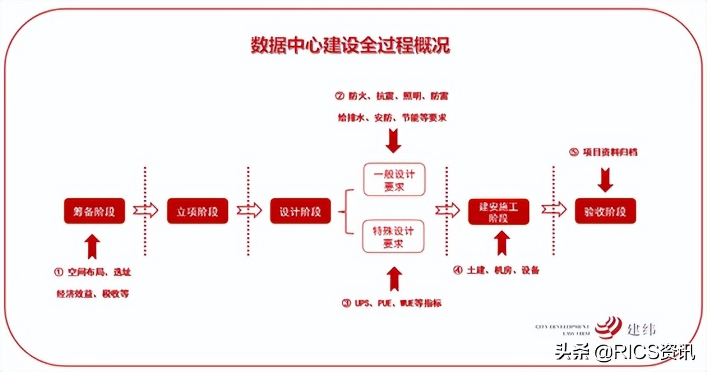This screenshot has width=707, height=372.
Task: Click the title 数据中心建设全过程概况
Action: pos(350,46)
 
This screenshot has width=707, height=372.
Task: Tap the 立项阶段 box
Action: pos(197,211)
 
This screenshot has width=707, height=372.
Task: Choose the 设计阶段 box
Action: pos(301,211)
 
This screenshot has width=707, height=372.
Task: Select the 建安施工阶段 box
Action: pos(499,211)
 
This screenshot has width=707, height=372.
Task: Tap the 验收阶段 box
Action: pos(606,211)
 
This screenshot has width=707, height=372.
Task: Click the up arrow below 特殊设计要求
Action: pos(394,278)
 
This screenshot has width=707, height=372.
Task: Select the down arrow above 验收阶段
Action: pos(606,180)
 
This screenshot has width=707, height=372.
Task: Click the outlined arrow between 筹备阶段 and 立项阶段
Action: pos(145,211)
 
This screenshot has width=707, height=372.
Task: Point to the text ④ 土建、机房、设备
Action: pos(496,270)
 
